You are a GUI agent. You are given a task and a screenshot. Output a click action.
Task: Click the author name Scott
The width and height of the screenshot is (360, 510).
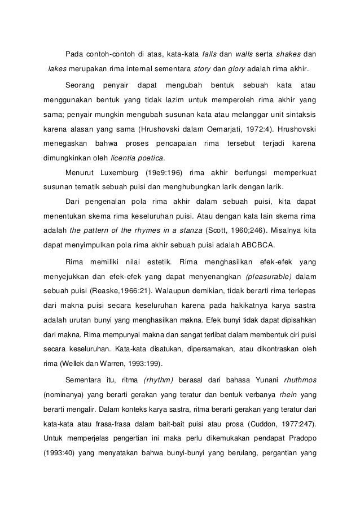[218, 230]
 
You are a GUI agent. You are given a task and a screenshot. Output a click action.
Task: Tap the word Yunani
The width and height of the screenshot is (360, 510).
[253, 379]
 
